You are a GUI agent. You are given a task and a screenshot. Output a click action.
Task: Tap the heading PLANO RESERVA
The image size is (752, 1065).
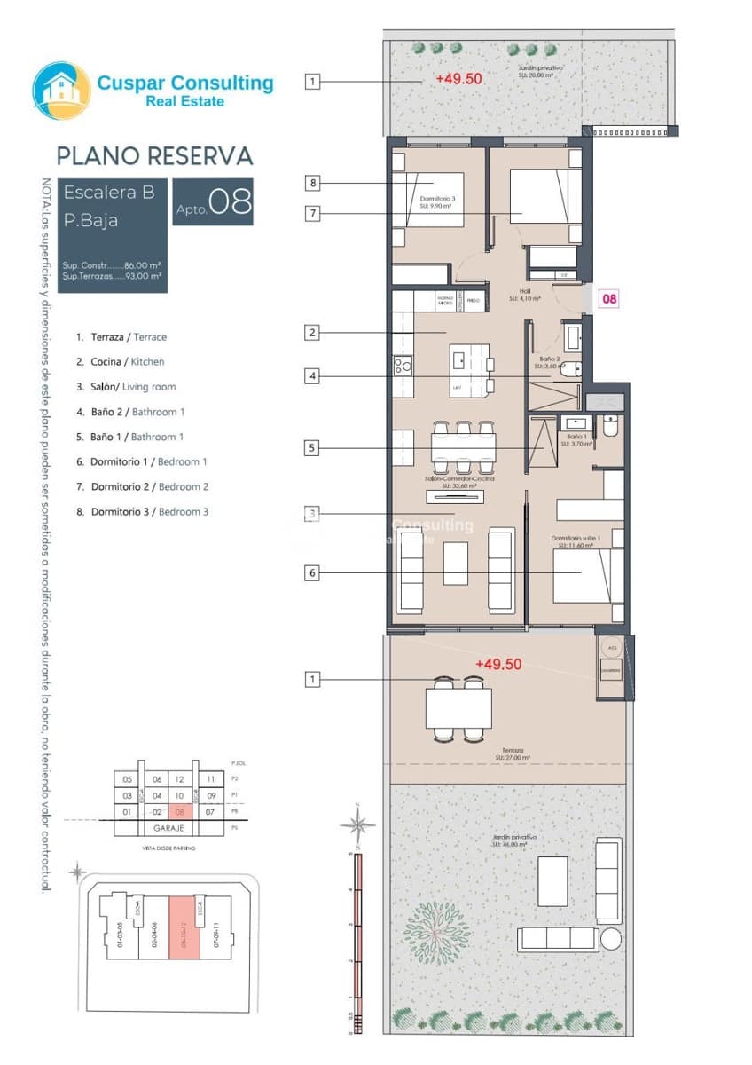(154, 156)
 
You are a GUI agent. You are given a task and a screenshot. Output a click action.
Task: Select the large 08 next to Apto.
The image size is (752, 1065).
(231, 201)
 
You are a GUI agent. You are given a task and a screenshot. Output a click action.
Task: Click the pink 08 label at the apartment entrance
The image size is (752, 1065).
(609, 299)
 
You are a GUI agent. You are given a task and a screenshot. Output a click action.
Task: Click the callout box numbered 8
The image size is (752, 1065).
(311, 184)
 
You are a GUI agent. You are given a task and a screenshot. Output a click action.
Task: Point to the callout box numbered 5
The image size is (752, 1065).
(311, 448)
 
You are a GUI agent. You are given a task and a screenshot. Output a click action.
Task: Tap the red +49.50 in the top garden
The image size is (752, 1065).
(458, 78)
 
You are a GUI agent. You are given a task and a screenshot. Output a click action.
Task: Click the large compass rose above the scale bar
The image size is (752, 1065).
(357, 824)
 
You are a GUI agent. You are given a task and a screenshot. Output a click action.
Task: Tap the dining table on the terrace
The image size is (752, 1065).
(458, 708)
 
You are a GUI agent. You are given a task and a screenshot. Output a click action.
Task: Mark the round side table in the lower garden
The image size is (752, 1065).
(611, 939)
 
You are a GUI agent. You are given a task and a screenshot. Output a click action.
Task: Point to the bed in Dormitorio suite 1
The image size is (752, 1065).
(582, 574)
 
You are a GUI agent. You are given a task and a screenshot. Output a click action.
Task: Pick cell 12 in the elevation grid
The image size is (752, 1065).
(181, 779)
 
